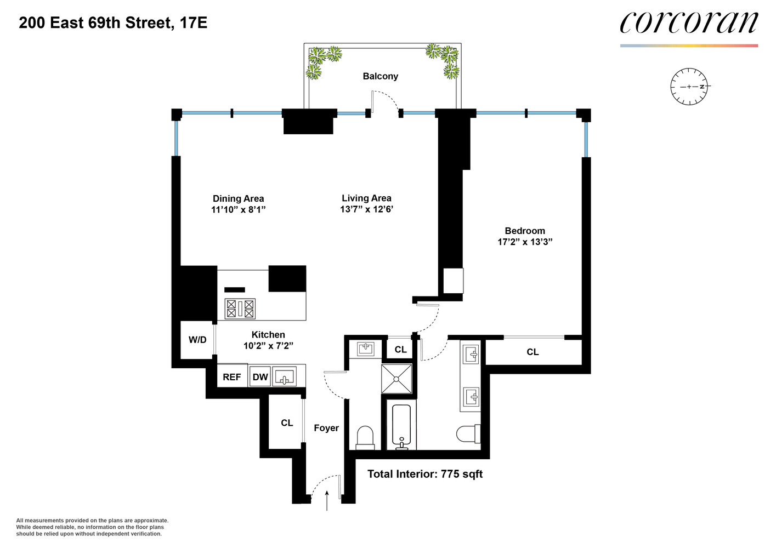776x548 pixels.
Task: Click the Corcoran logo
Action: click(689, 23)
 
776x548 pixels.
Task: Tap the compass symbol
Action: click(689, 87)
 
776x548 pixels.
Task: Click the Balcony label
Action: click(380, 76)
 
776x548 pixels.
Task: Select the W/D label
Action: click(197, 340)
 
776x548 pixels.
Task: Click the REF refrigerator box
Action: click(232, 377)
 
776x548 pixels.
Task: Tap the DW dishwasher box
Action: click(260, 377)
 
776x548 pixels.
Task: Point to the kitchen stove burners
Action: click(240, 309)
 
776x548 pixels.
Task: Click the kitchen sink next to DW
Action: click(285, 377)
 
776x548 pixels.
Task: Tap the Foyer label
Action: click(326, 428)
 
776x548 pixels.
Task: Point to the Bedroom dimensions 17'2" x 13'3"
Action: click(525, 242)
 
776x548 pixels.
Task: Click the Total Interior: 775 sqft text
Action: click(425, 474)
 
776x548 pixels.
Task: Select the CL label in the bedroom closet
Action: click(533, 352)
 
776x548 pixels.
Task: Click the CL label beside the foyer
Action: click(287, 423)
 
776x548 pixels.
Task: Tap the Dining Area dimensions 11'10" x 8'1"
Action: click(239, 209)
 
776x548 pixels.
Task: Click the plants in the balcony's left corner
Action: click(321, 60)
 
